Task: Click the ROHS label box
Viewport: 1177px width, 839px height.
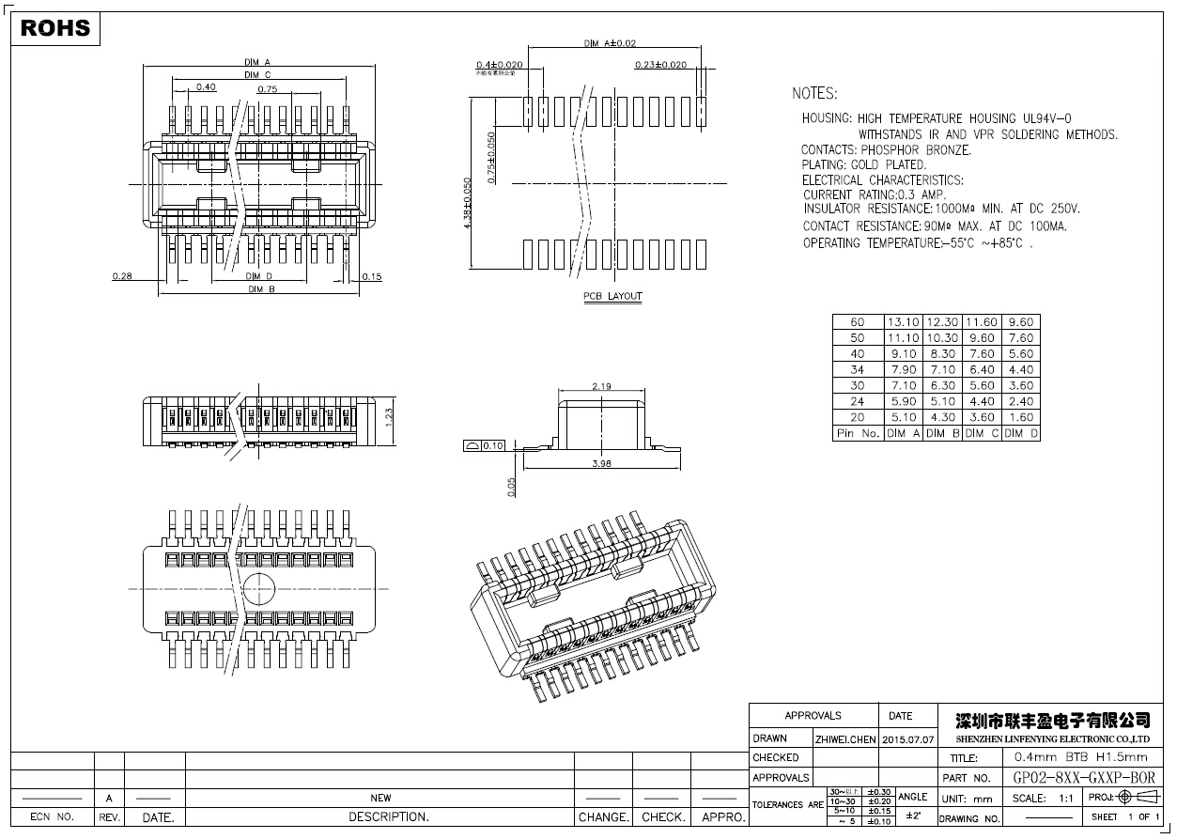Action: pos(55,28)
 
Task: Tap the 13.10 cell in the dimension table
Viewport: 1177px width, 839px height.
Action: pos(903,322)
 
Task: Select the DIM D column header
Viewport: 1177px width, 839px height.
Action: pos(1020,433)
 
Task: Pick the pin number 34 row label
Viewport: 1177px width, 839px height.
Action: pos(857,370)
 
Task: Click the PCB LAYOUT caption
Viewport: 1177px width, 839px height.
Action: pos(612,297)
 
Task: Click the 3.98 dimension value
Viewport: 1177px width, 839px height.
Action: pos(602,463)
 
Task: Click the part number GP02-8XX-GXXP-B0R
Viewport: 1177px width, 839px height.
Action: pos(1085,778)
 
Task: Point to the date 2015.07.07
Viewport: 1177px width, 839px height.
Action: pos(908,739)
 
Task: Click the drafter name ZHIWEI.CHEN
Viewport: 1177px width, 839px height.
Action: pos(845,739)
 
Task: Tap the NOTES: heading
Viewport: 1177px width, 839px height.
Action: pos(814,94)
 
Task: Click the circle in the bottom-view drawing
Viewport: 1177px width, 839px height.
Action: pos(259,589)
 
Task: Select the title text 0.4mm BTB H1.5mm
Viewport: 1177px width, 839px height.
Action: pos(1076,757)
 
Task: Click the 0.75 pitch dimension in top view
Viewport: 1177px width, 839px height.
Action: pos(268,90)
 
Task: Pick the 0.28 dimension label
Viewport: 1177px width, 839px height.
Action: pos(121,276)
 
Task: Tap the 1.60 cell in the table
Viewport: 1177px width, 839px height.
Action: pos(1020,417)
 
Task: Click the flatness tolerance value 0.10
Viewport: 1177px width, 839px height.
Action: pos(493,445)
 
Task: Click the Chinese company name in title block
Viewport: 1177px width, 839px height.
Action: pos(1052,721)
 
